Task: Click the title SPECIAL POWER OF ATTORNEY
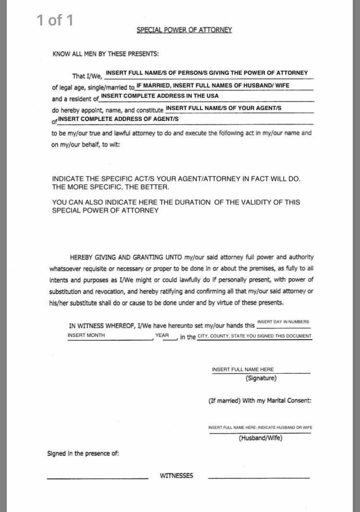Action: [184, 30]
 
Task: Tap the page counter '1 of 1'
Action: [55, 20]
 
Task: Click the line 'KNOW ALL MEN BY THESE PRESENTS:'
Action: [106, 54]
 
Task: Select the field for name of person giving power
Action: [207, 73]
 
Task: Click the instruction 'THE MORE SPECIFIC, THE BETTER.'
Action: [110, 187]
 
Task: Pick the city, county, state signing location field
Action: [254, 336]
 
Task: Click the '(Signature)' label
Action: [261, 378]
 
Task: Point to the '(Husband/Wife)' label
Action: [261, 438]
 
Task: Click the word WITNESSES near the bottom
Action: [177, 476]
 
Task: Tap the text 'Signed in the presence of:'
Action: [83, 453]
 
